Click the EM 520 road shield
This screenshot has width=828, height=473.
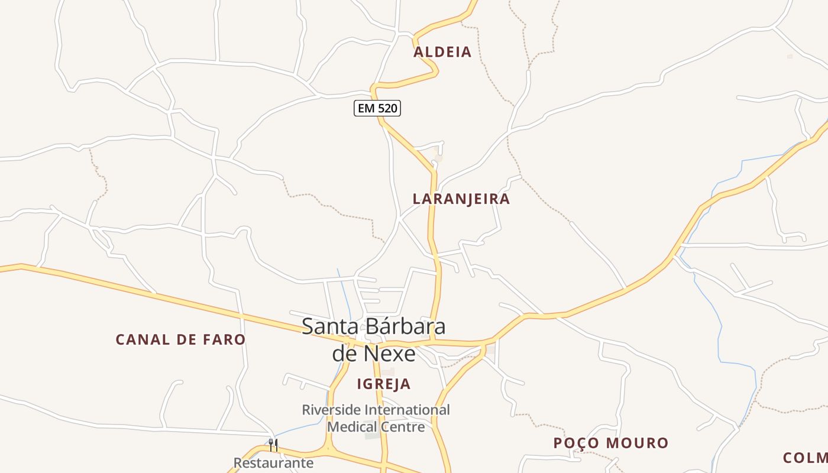click(x=377, y=108)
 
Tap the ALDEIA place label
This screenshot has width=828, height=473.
click(x=442, y=52)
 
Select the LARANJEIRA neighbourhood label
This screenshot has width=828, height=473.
click(x=461, y=199)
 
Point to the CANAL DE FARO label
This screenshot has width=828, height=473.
click(x=180, y=339)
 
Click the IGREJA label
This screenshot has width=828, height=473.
click(x=384, y=384)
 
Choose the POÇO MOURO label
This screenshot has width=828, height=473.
click(x=611, y=443)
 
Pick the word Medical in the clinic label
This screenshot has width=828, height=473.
click(x=352, y=426)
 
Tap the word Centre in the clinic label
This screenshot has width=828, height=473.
click(x=402, y=426)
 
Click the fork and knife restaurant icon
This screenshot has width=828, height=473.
click(x=273, y=445)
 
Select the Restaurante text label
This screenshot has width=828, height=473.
click(x=273, y=463)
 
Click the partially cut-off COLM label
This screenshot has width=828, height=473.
click(x=806, y=458)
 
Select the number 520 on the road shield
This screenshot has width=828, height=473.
click(x=387, y=108)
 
